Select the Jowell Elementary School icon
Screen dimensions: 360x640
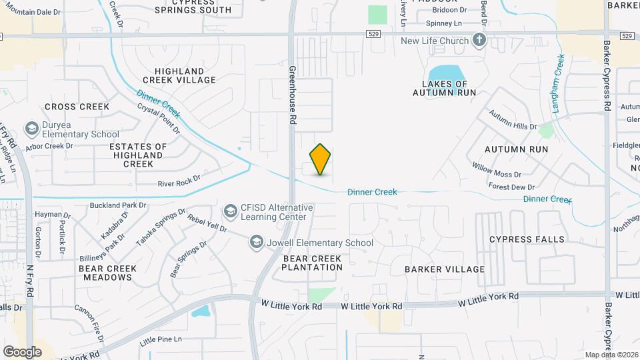point(257,243)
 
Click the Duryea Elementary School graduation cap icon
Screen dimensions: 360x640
point(31,128)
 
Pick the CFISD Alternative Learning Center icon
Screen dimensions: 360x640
point(231,211)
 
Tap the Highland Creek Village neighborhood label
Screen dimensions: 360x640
point(185,75)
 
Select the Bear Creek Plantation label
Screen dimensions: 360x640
point(312,263)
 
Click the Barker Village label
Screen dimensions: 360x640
point(445,269)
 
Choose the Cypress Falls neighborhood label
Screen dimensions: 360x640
point(527,239)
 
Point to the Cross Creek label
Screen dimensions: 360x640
point(77,107)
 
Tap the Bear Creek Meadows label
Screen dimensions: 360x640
point(107,273)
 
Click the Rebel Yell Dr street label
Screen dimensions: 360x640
point(207,225)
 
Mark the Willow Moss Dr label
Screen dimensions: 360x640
point(497,169)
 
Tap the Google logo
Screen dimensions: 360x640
point(22,351)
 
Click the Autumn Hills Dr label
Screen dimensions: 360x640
point(512,121)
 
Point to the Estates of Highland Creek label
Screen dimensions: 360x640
point(138,155)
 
